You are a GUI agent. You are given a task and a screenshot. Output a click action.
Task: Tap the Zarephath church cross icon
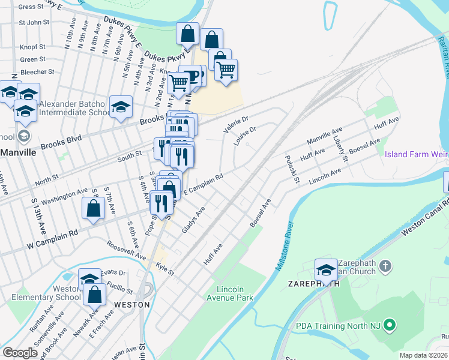(x=385, y=265)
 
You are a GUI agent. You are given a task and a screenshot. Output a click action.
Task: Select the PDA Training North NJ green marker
(x=390, y=326)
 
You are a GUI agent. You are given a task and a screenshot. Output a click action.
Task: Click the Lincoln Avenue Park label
(x=231, y=293)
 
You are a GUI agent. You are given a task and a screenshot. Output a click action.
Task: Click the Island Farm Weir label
(x=416, y=154)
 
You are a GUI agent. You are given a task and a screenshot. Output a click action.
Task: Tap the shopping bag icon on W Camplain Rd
(x=93, y=208)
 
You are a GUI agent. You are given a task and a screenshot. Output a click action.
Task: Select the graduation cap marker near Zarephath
(x=326, y=268)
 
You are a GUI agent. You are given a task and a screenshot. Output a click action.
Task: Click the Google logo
(x=20, y=353)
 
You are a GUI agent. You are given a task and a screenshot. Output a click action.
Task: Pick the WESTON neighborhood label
(x=131, y=304)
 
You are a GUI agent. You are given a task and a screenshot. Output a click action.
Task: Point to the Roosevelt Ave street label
(x=127, y=250)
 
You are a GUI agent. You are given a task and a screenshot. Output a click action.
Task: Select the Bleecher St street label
(x=37, y=71)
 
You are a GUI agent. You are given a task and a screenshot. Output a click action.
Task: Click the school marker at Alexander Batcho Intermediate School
(x=121, y=107)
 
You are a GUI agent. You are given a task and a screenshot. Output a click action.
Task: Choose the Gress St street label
(x=32, y=7)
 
